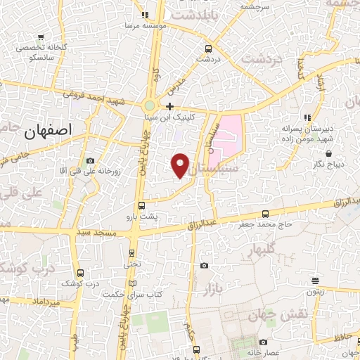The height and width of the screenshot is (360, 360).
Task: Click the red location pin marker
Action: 181,165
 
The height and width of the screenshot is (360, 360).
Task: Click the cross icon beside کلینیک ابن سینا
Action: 169,106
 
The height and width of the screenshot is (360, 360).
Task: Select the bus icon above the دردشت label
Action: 207,49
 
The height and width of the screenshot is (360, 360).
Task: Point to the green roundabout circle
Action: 150,105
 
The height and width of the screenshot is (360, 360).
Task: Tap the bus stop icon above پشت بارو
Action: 142,206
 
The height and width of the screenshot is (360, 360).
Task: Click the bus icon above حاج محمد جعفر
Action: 265,214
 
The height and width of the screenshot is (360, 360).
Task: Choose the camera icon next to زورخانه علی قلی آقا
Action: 89,161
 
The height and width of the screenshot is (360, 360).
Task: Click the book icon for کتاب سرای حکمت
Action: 132,283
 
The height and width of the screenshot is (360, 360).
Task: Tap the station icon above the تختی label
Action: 131,254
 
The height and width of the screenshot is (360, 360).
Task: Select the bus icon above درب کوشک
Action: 80,273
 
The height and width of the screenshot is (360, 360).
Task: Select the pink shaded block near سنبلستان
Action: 227,136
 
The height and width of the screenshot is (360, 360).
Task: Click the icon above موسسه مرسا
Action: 145,15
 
